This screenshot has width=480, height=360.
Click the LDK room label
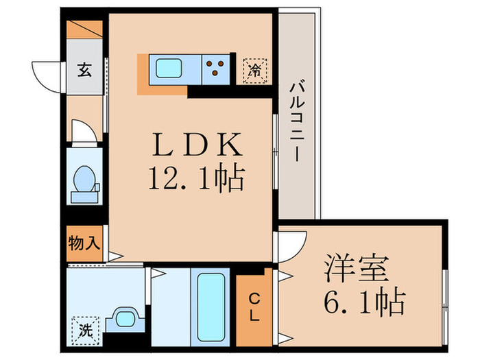197,144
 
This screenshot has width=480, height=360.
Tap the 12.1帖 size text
197,178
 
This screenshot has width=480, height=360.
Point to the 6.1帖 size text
364,302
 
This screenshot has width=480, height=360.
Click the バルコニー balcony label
297,120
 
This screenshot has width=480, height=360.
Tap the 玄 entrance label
84,70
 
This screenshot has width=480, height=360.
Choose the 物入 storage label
84,243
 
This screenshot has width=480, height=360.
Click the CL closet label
254,307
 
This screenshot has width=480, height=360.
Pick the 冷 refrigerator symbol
254,71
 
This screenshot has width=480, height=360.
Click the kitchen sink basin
169,69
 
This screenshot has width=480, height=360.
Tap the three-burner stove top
215,69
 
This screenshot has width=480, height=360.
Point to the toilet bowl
84,179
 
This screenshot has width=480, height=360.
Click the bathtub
211,307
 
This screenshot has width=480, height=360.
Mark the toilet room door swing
84,131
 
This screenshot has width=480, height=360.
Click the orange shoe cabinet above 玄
84,29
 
